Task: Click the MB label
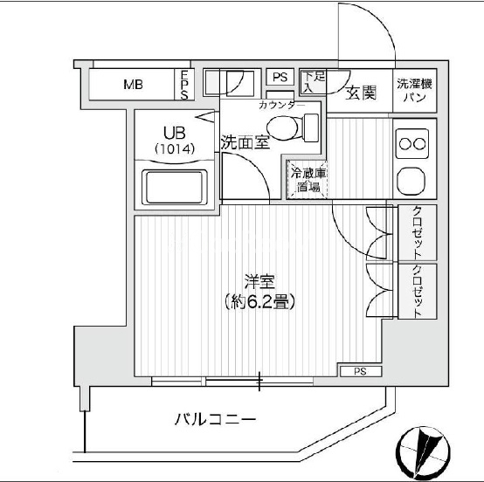[133, 84]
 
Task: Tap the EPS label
[184, 85]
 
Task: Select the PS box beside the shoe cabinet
[280, 77]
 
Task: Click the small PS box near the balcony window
[361, 371]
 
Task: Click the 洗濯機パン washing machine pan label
[414, 91]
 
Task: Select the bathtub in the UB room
[175, 188]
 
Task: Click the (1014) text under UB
[175, 149]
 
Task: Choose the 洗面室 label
[245, 142]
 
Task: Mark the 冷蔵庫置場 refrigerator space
[308, 180]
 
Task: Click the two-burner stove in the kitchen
[412, 144]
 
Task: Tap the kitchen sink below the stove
[412, 182]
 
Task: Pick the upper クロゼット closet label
[417, 232]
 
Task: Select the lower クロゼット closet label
[417, 292]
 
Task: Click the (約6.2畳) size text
[259, 302]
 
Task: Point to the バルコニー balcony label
[216, 419]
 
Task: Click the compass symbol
[423, 453]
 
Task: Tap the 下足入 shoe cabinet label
[314, 81]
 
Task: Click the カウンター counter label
[281, 106]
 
